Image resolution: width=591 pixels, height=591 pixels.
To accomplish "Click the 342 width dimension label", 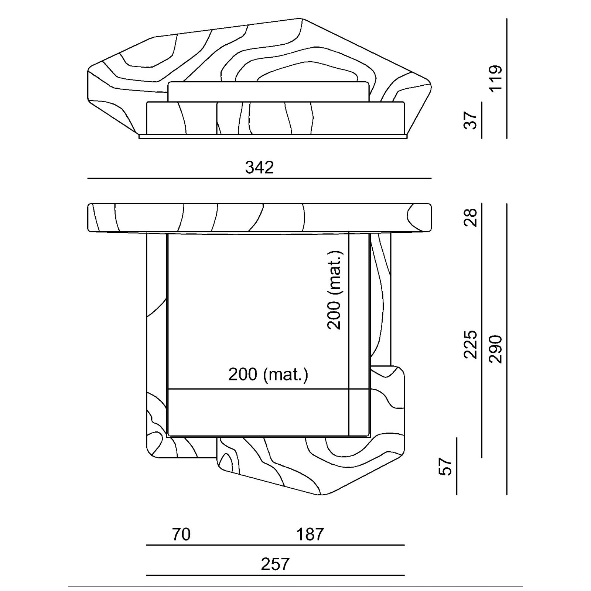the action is tap(259, 167).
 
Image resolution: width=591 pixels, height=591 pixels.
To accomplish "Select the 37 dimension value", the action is tap(470, 120).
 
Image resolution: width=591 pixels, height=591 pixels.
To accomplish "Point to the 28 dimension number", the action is tap(470, 217).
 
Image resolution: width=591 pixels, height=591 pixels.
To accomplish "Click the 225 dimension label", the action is tap(470, 345).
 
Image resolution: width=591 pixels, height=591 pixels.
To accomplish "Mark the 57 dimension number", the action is tap(445, 467).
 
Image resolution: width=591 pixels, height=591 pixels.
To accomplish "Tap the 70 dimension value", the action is tap(181, 534).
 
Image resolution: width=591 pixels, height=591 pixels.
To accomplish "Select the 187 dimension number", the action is tap(310, 534).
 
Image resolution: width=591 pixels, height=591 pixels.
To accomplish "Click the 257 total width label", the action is tap(275, 564).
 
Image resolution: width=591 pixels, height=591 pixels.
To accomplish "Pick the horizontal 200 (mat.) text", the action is tap(268, 375).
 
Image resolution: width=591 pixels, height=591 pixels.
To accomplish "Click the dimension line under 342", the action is tap(259, 178).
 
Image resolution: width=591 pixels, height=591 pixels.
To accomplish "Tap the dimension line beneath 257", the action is tap(276, 575).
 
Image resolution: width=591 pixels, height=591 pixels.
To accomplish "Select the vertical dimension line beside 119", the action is tap(507, 78).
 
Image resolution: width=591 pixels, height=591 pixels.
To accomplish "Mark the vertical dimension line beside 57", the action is tap(457, 466).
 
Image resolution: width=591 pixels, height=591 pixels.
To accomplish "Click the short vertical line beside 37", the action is tap(482, 120).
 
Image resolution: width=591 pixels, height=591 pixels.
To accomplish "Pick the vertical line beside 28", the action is tap(482, 218).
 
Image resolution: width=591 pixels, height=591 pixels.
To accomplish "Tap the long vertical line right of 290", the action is tap(507, 349).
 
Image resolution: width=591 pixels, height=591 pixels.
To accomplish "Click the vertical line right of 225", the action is tap(482, 345).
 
